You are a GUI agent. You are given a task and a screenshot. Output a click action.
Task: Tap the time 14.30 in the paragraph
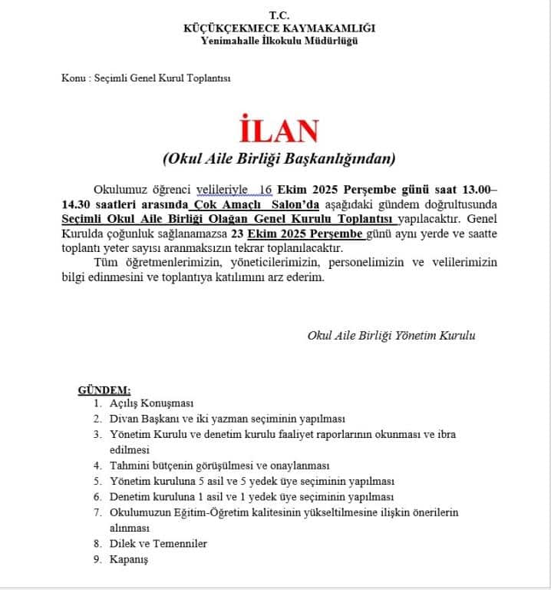point(78,204)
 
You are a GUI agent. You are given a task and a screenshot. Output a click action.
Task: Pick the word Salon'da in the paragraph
point(295,204)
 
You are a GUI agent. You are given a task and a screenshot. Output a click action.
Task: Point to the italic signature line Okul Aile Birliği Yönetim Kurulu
point(391,336)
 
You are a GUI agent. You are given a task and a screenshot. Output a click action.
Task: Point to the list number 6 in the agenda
point(97,497)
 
